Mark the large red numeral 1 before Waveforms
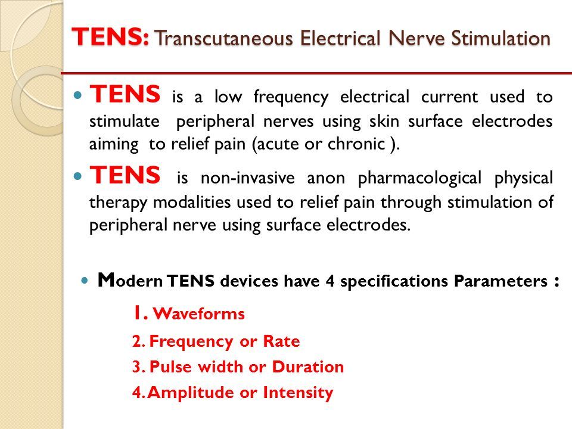click(x=137, y=312)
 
